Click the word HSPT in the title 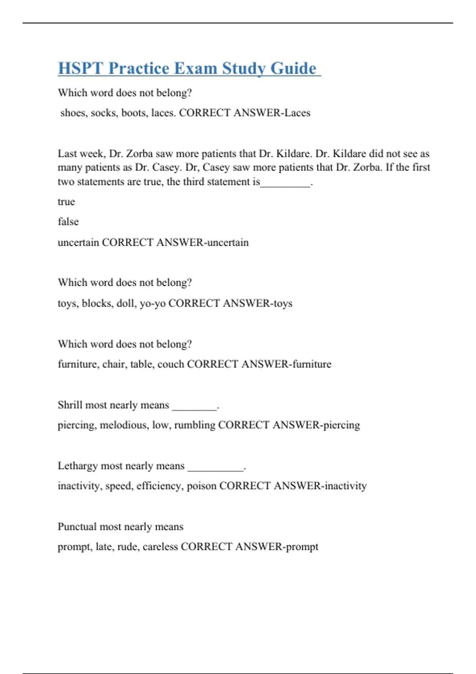tap(81, 68)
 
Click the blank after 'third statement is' tap(285, 183)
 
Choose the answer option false tap(68, 222)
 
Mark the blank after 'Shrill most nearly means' tap(194, 407)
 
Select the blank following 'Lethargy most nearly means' tap(215, 468)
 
